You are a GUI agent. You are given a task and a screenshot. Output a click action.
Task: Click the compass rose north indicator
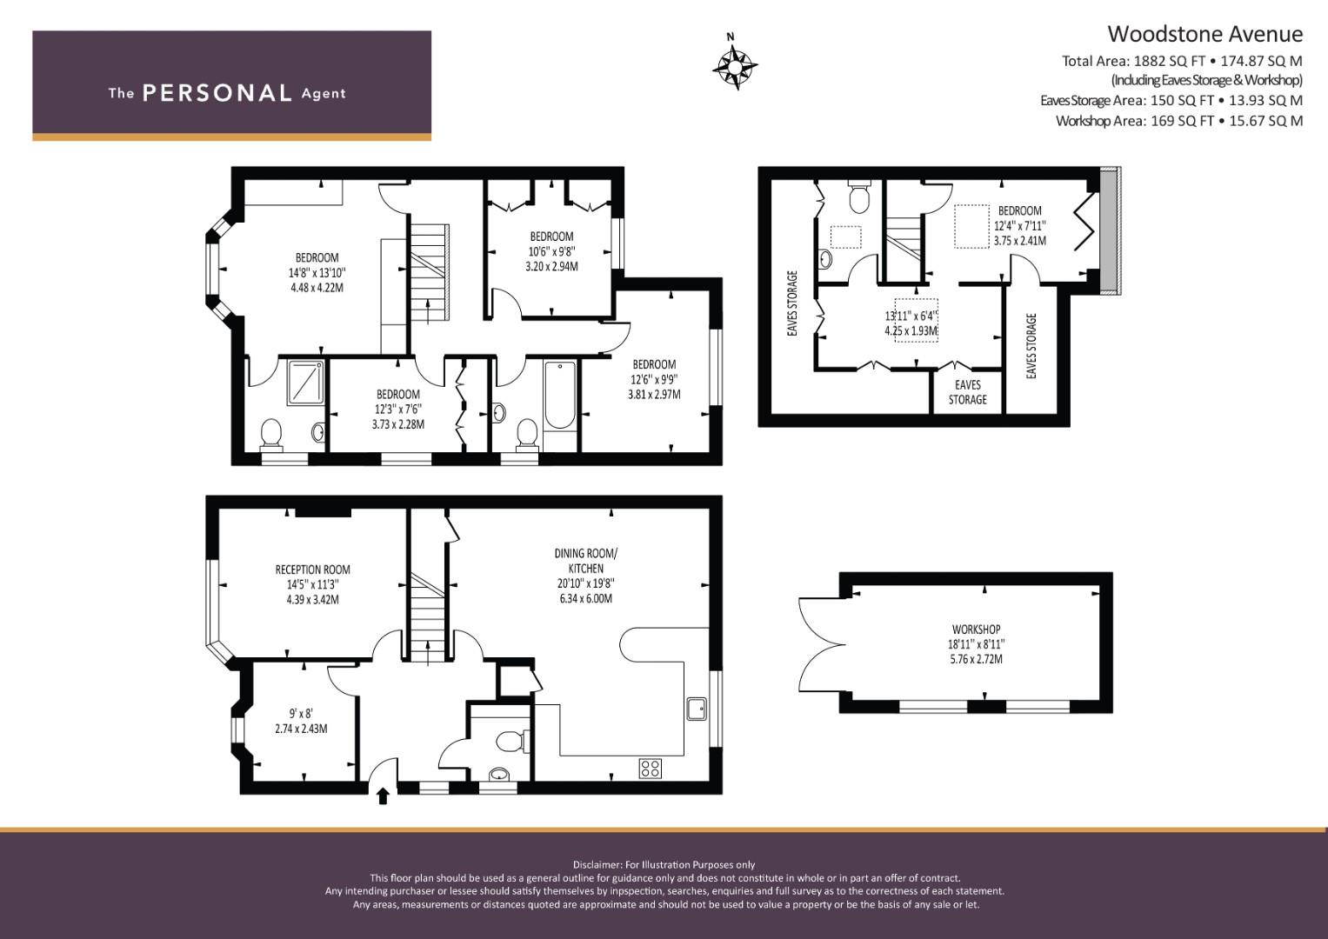tap(735, 62)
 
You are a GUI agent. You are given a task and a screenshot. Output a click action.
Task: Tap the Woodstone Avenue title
tap(1205, 34)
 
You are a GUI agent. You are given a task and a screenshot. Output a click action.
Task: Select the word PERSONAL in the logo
tap(217, 93)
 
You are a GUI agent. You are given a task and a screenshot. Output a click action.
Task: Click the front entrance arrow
tap(383, 796)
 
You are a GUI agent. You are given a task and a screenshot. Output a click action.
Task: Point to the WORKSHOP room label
tap(977, 629)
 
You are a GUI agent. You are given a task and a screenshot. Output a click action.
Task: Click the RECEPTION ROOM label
tap(312, 569)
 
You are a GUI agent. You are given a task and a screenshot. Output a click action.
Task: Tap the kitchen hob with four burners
tap(651, 769)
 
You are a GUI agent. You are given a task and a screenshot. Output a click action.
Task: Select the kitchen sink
tap(696, 709)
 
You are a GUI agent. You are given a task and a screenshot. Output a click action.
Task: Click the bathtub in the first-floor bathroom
tap(560, 394)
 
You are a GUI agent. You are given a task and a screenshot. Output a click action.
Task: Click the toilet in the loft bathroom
tap(858, 196)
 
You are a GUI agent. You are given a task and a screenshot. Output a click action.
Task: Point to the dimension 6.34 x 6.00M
tap(586, 599)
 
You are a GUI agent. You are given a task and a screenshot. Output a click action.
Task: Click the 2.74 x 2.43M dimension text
tap(301, 729)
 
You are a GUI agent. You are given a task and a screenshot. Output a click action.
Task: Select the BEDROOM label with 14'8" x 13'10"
tap(317, 258)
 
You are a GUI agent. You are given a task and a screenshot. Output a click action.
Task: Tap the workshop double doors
tap(820, 644)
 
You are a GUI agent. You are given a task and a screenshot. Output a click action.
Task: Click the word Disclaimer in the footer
tap(597, 864)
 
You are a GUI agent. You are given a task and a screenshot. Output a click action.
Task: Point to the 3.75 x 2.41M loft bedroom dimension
tap(1020, 241)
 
